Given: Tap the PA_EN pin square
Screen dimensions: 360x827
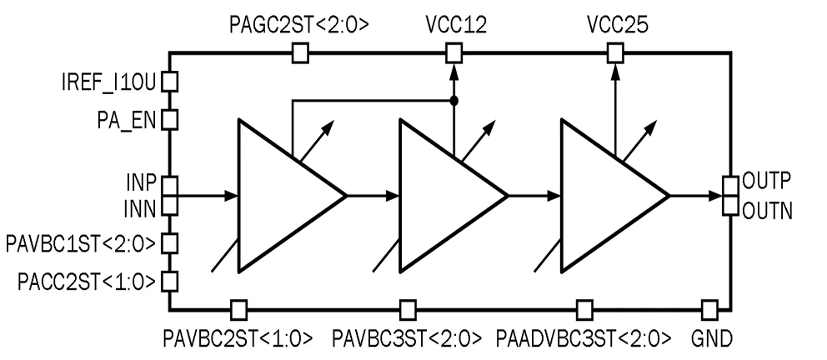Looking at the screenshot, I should pyautogui.click(x=169, y=119).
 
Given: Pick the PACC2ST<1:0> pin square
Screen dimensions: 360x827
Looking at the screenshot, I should pyautogui.click(x=169, y=281).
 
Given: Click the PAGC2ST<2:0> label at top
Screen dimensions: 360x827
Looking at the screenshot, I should pyautogui.click(x=299, y=25).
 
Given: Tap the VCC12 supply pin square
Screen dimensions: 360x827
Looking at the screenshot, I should pyautogui.click(x=453, y=54).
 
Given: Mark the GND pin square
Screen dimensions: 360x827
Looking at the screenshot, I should pyautogui.click(x=709, y=309).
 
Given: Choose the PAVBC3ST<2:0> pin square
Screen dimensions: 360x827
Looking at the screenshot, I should pyautogui.click(x=408, y=309).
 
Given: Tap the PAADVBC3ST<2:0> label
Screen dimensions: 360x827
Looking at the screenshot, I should pyautogui.click(x=584, y=338).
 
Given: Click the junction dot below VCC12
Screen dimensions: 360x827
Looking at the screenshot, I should pyautogui.click(x=453, y=101).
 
